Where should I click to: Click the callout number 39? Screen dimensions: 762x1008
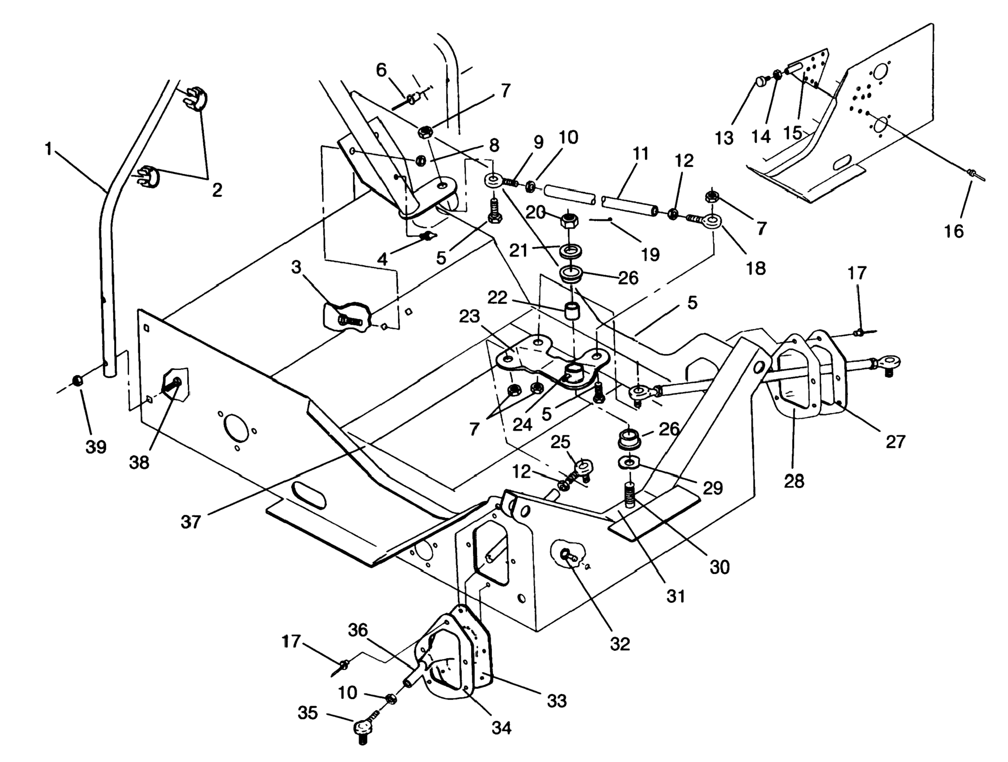96,447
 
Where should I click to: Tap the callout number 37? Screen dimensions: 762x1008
190,521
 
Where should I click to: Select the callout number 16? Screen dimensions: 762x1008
954,231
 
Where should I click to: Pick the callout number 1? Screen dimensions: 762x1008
49,149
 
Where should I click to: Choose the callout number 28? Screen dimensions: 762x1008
794,481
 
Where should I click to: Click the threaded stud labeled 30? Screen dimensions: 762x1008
630,496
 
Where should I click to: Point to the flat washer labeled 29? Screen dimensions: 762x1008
629,463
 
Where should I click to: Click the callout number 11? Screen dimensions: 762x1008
640,154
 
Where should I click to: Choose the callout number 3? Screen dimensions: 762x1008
296,268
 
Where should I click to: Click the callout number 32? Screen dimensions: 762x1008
620,644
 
